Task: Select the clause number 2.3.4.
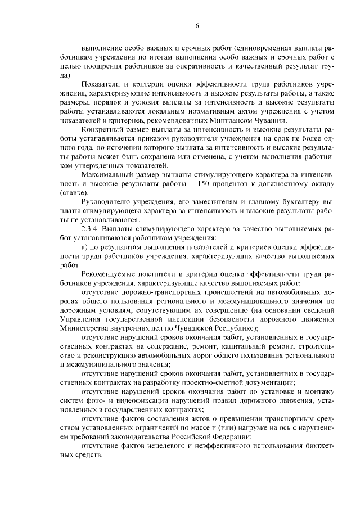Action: pyautogui.click(x=92, y=229)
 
